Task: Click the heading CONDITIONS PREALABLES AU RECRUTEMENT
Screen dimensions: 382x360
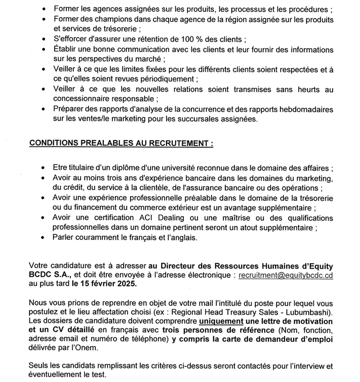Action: pos(121,144)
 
